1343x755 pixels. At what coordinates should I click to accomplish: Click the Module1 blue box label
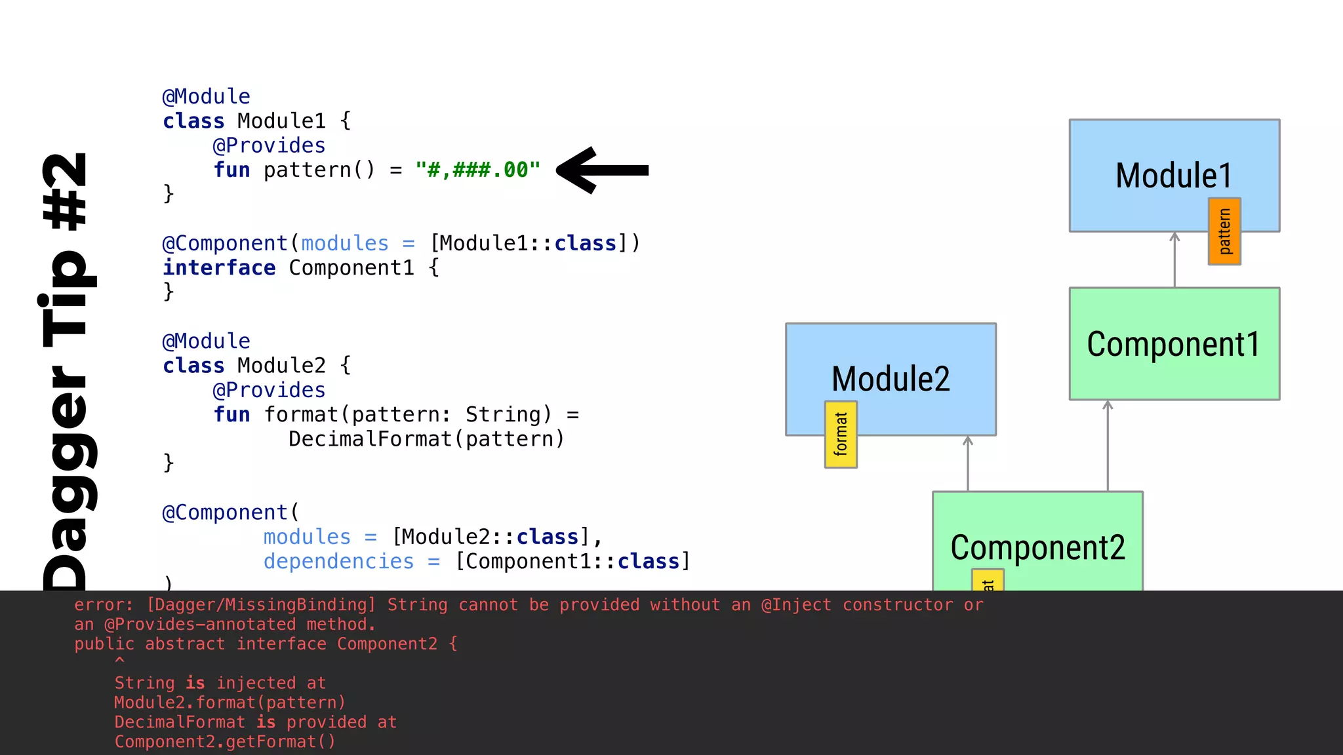click(1174, 176)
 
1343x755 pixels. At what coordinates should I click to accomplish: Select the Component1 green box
click(1174, 344)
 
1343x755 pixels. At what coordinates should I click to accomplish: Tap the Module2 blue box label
click(891, 379)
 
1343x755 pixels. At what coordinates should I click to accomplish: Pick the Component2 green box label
click(1037, 548)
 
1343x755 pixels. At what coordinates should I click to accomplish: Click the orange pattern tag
click(1224, 231)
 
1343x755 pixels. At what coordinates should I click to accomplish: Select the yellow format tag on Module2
click(841, 435)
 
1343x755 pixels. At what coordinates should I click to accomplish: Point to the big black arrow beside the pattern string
click(602, 170)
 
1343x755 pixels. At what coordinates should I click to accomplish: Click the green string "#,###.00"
click(477, 170)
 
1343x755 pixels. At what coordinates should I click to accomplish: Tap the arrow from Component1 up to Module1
click(1174, 260)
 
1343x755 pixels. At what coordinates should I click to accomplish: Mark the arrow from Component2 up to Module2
click(968, 463)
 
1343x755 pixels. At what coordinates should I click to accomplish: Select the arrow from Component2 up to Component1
click(1108, 446)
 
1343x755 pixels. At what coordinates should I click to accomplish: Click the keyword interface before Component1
click(219, 268)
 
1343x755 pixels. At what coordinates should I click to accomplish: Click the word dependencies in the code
click(338, 562)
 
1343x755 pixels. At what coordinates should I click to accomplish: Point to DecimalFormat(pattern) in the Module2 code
click(426, 439)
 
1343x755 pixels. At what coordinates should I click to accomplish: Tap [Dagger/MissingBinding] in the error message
click(261, 605)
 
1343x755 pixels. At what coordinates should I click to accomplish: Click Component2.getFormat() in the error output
click(225, 742)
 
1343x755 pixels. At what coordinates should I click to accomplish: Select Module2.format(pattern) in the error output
click(230, 703)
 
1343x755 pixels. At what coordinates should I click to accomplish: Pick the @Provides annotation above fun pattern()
click(269, 145)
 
